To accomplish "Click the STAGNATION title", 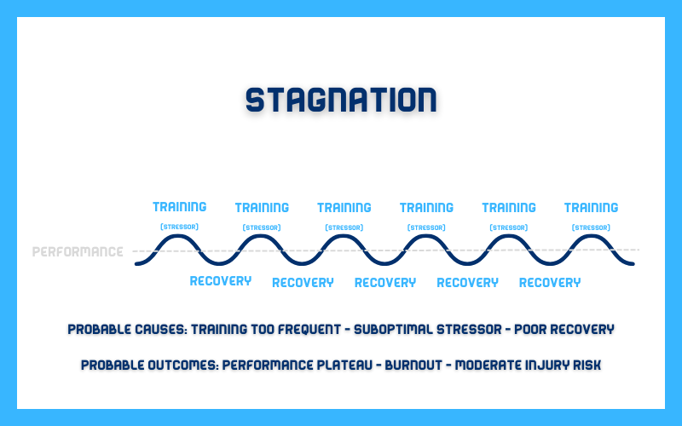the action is (341, 100).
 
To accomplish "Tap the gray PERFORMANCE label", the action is (78, 251).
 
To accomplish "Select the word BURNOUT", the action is (413, 365).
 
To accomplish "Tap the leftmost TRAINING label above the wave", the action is (180, 207).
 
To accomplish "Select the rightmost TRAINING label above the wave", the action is (591, 208).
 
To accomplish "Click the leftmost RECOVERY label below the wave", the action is (221, 281).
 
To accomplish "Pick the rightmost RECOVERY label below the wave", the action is (550, 283).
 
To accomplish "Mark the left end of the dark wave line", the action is (136, 263).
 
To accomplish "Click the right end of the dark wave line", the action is (633, 263).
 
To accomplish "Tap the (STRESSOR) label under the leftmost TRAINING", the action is (179, 227).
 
